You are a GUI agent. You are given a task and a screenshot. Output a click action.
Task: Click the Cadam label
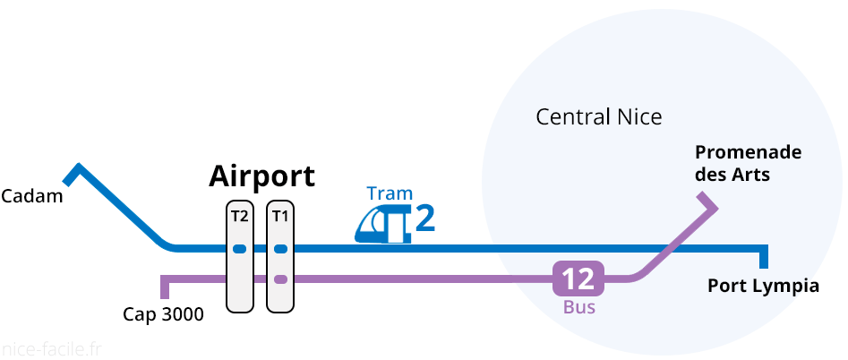[32, 195]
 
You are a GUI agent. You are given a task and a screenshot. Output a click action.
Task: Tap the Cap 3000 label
[163, 314]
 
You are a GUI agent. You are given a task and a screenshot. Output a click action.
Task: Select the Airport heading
[261, 176]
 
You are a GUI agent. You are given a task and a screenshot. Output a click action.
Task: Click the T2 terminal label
[239, 216]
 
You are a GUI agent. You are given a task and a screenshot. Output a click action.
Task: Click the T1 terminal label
[280, 216]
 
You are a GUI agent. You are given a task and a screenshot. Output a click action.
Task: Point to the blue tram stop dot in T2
[239, 248]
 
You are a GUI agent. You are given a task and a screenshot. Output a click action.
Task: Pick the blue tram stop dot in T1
[280, 248]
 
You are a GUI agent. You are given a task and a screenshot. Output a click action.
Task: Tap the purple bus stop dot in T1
[280, 279]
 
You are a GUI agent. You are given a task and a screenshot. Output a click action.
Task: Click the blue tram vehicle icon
[382, 225]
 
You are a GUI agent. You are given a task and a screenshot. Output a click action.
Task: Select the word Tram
[390, 193]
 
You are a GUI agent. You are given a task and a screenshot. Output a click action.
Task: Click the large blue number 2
[425, 219]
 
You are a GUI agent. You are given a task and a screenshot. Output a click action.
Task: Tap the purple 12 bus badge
[578, 279]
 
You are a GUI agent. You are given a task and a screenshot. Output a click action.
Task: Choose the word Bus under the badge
[579, 307]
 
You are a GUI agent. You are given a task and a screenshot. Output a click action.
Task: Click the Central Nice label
[598, 117]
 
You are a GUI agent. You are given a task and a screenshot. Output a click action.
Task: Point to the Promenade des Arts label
[748, 163]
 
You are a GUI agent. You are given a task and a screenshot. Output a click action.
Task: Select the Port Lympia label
[763, 287]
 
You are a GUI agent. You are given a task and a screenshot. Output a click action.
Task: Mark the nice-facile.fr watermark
[51, 348]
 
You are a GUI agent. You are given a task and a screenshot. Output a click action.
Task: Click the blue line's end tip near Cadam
[78, 168]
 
